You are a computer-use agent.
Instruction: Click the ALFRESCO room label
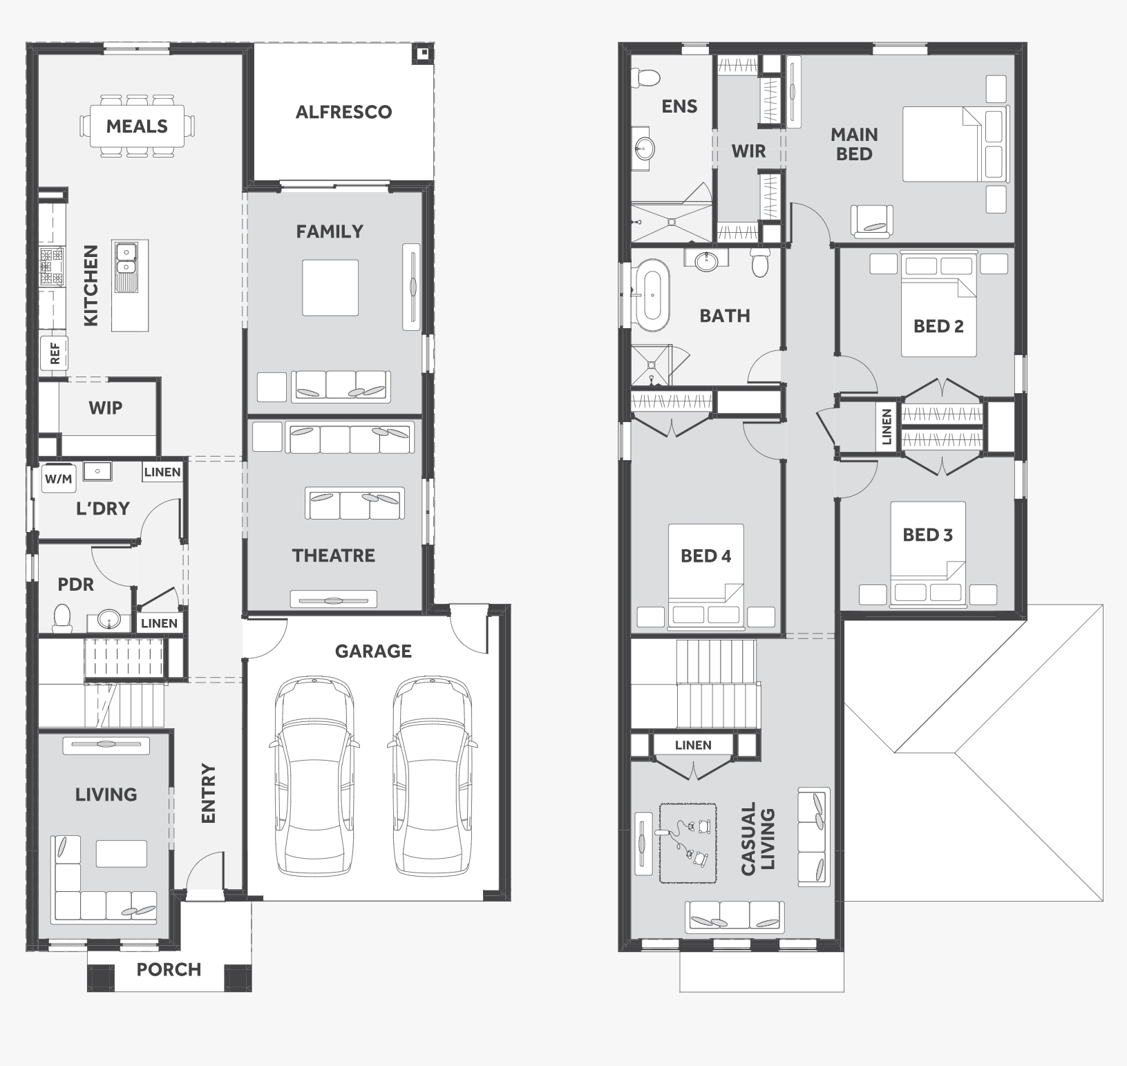coord(343,112)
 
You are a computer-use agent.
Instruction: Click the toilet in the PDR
coord(62,618)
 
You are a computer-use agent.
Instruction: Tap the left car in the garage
coord(314,778)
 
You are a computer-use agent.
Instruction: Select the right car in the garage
coord(433,778)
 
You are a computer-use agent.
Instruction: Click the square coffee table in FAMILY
coord(330,287)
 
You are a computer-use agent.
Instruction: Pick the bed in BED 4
coord(705,576)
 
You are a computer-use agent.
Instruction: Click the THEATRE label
coord(333,555)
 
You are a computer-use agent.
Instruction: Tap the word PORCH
coord(169,969)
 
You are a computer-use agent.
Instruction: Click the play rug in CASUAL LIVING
coord(688,843)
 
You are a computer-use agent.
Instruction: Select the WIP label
coord(105,408)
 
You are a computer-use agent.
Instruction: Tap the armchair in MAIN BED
coord(872,222)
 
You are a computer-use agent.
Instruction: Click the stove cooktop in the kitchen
coord(53,267)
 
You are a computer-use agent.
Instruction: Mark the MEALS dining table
coord(137,126)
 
